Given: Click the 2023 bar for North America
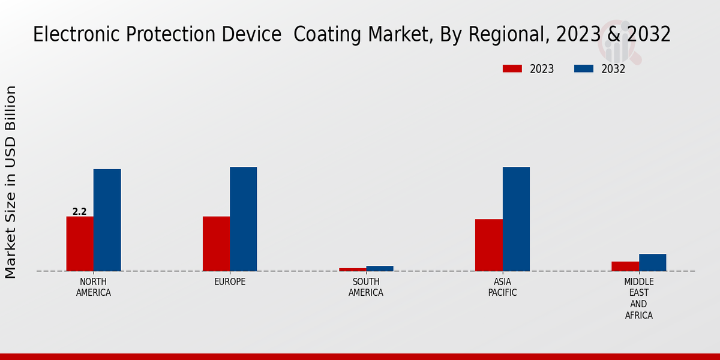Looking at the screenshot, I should pyautogui.click(x=80, y=244).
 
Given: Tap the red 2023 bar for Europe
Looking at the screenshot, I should pyautogui.click(x=216, y=244).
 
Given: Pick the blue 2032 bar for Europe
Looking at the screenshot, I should pyautogui.click(x=243, y=219).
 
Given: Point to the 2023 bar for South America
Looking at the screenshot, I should pyautogui.click(x=352, y=269).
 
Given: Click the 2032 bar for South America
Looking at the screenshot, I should pyautogui.click(x=380, y=268).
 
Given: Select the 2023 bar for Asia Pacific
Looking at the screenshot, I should pyautogui.click(x=488, y=245).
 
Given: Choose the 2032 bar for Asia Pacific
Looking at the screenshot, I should pyautogui.click(x=516, y=219).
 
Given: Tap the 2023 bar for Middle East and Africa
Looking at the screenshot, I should pyautogui.click(x=625, y=266).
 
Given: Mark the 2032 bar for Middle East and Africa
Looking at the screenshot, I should pyautogui.click(x=652, y=262).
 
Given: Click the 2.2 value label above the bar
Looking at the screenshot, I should pyautogui.click(x=79, y=212).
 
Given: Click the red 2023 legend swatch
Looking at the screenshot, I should pyautogui.click(x=512, y=69).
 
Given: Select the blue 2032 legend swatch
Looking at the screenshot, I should pyautogui.click(x=584, y=69).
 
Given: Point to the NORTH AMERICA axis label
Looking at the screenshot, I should pyautogui.click(x=94, y=287).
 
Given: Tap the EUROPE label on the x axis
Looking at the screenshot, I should pyautogui.click(x=230, y=282).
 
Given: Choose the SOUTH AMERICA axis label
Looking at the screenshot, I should pyautogui.click(x=366, y=287).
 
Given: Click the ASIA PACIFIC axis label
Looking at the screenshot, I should pyautogui.click(x=502, y=287).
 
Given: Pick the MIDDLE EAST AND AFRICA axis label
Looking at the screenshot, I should pyautogui.click(x=639, y=298).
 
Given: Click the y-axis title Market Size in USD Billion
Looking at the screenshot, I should pyautogui.click(x=11, y=182).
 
